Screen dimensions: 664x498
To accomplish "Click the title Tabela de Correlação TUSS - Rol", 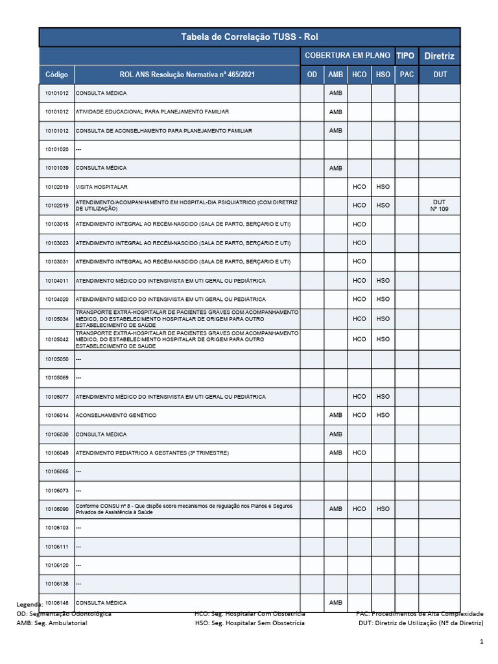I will click(250, 38).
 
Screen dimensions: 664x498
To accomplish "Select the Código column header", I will click(56, 75).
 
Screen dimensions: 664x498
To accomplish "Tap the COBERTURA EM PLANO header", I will click(347, 56).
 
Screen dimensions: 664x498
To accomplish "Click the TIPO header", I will click(406, 56).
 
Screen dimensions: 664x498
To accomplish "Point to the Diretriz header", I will click(439, 56).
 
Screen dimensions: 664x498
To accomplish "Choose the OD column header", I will click(312, 75).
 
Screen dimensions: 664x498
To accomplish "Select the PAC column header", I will click(407, 75).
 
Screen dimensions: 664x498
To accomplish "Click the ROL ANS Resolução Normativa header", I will click(187, 75).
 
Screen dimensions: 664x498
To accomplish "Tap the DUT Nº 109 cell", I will click(439, 206).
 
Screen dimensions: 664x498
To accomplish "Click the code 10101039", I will click(56, 169).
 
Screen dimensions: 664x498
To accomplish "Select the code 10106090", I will click(56, 509).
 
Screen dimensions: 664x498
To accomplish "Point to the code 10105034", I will click(56, 319).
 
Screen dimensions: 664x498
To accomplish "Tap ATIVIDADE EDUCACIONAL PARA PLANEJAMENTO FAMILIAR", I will click(152, 112).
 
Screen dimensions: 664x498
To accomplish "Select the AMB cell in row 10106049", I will click(335, 453).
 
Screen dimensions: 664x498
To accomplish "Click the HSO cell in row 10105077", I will click(383, 396).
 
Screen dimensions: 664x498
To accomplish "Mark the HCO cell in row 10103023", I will click(359, 243).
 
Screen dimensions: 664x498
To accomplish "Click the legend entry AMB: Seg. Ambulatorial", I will click(52, 622).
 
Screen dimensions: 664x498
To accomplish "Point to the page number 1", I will click(481, 642).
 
